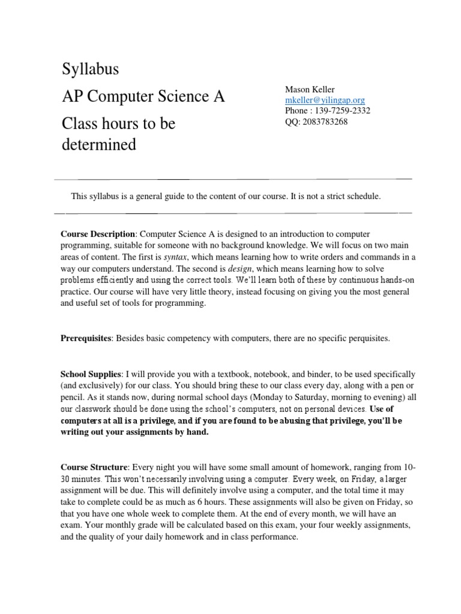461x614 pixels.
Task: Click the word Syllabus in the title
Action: point(91,70)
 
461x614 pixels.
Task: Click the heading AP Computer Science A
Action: point(143,97)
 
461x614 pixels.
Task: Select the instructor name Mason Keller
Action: point(310,90)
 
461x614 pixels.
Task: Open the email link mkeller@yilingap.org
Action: point(325,101)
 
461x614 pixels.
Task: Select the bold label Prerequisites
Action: point(86,338)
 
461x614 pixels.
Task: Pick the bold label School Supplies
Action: point(91,374)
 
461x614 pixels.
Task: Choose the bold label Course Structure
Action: point(94,468)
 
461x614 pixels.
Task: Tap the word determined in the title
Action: point(100,145)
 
